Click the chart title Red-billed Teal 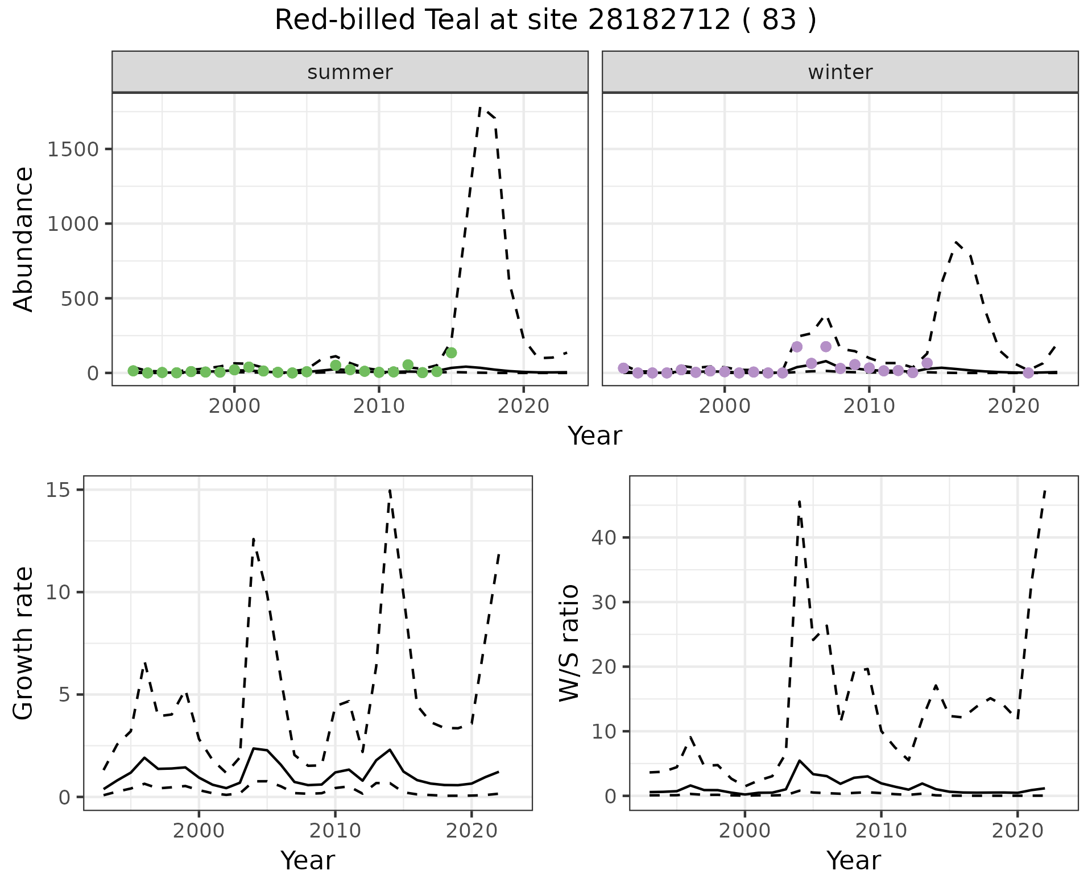pyautogui.click(x=545, y=20)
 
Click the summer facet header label pyautogui.click(x=350, y=72)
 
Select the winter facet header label pyautogui.click(x=840, y=72)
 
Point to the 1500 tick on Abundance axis pyautogui.click(x=73, y=150)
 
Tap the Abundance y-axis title pyautogui.click(x=24, y=239)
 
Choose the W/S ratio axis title pyautogui.click(x=569, y=643)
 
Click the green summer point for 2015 pyautogui.click(x=451, y=353)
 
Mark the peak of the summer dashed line pyautogui.click(x=481, y=107)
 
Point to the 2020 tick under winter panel pyautogui.click(x=1013, y=407)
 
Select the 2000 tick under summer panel pyautogui.click(x=234, y=407)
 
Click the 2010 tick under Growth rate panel pyautogui.click(x=335, y=831)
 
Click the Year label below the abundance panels pyautogui.click(x=594, y=436)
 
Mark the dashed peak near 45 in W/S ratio pyautogui.click(x=799, y=501)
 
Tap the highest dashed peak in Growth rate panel pyautogui.click(x=390, y=490)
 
